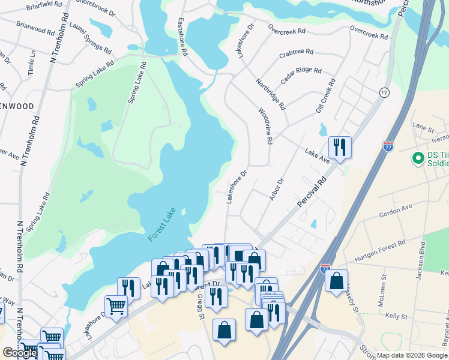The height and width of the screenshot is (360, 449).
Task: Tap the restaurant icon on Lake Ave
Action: coord(340,148)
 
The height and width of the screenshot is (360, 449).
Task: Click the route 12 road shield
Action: coord(384,92)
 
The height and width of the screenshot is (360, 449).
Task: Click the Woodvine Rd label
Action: coord(266,127)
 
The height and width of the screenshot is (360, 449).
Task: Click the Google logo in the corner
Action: coord(20,353)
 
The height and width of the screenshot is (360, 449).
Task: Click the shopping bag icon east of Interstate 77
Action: coord(337,280)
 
